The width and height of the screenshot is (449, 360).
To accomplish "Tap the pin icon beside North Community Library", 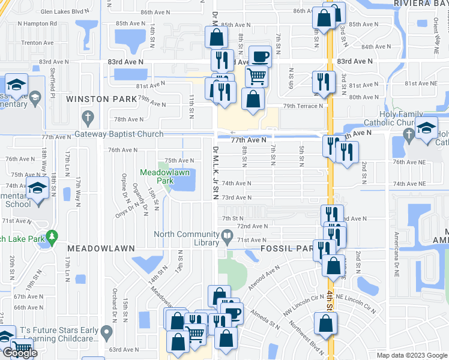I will pos(227,238).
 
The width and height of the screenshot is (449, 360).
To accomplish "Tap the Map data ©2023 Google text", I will pos(412,355).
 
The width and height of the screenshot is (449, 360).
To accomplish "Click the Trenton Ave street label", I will pos(36,43).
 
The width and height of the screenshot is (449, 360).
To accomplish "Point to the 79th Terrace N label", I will pos(303,106).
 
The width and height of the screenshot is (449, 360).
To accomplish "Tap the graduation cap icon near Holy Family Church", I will pos(427,128).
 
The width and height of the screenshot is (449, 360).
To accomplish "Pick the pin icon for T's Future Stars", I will pos(106,332).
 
